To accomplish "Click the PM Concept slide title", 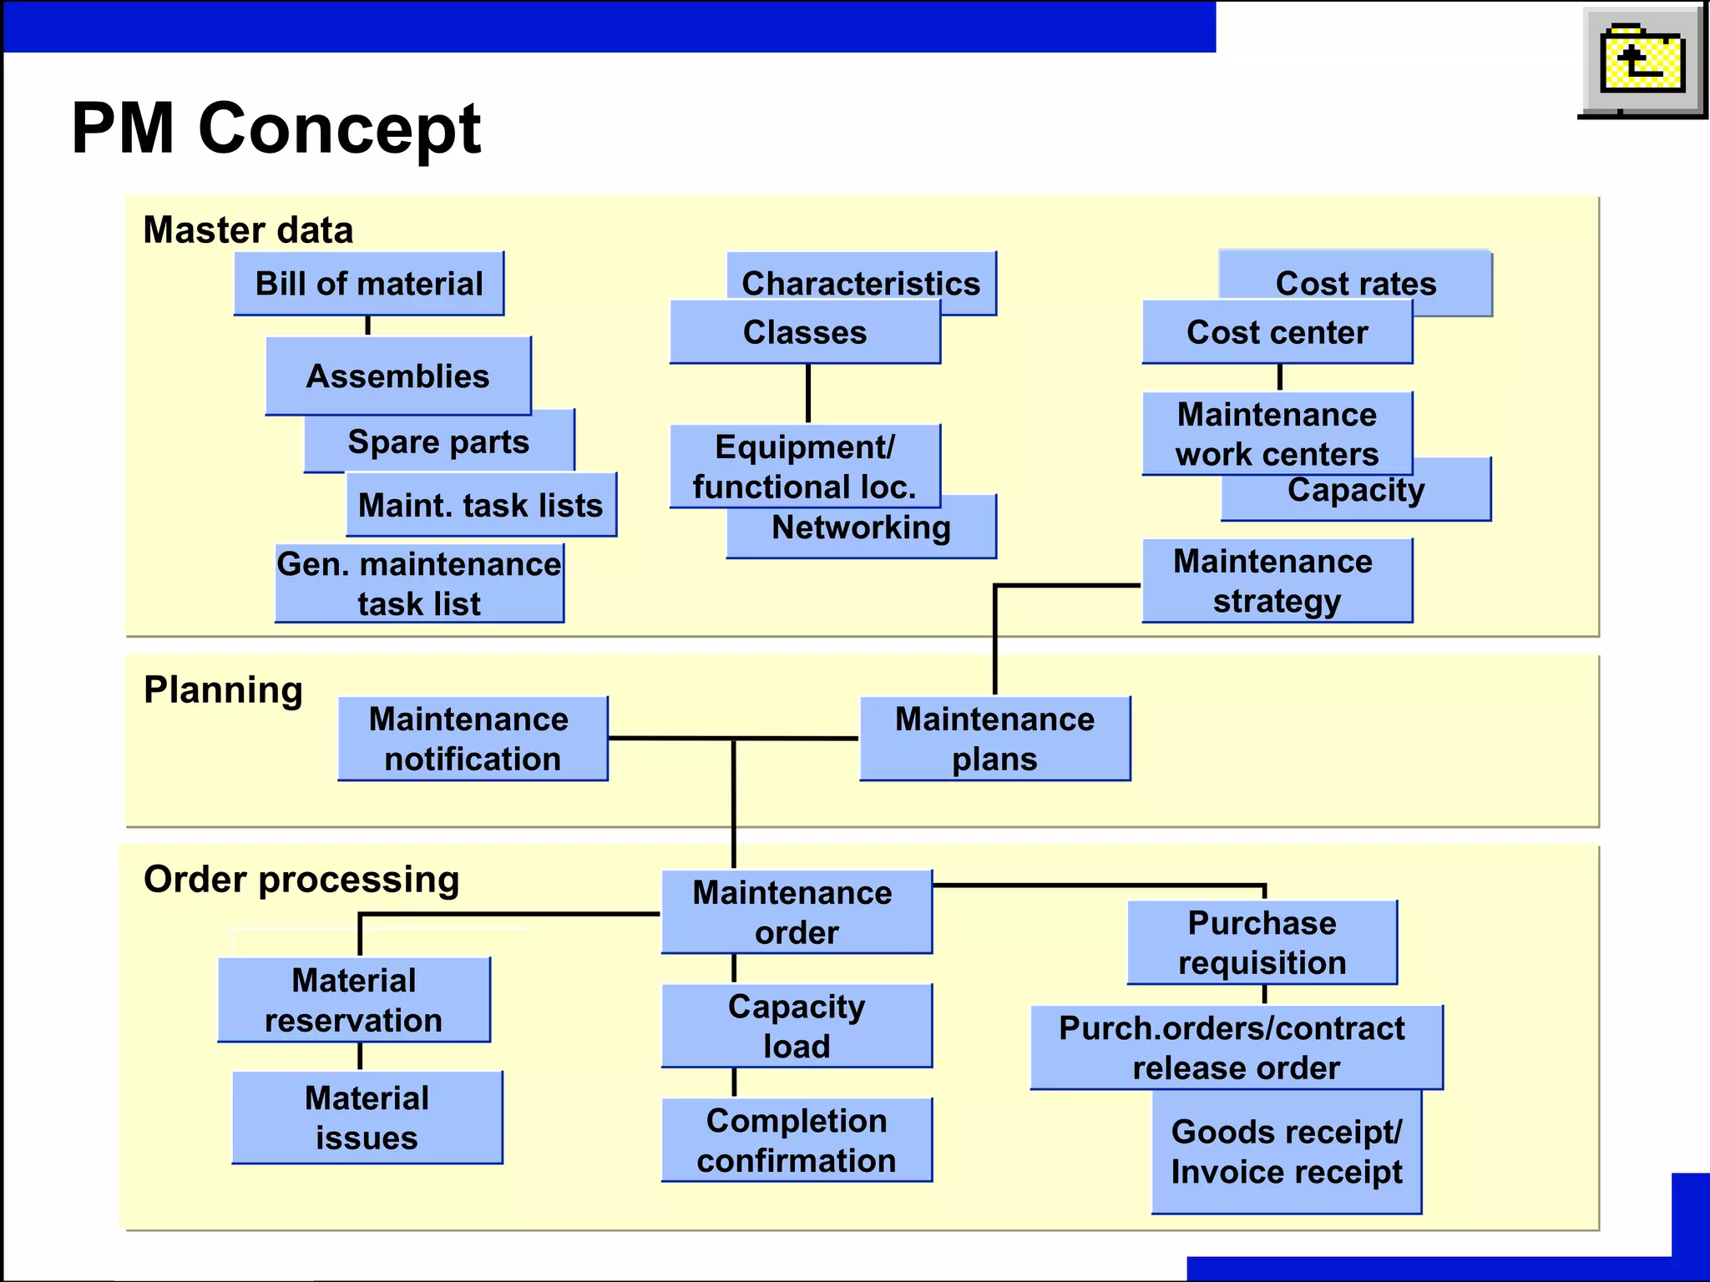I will pos(276,129).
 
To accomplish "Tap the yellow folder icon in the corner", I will pos(1642,61).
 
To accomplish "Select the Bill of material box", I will pos(368,284).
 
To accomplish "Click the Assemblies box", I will pos(397,376).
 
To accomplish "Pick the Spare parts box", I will pos(439,442).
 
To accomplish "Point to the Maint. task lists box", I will pos(481,505).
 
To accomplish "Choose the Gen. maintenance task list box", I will pos(419,583).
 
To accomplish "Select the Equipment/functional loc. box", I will pos(805,466).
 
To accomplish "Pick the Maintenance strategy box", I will pos(1277,581).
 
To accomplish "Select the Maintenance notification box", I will pos(473,739).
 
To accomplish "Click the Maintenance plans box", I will pos(994,739).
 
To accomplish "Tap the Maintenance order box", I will pos(797,912).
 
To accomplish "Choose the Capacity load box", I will pos(797,1026).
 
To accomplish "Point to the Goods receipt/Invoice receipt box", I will pos(1287,1152).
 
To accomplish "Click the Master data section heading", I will pos(248,230).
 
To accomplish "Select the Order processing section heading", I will pos(301,879).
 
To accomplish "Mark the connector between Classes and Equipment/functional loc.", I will pos(807,394).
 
